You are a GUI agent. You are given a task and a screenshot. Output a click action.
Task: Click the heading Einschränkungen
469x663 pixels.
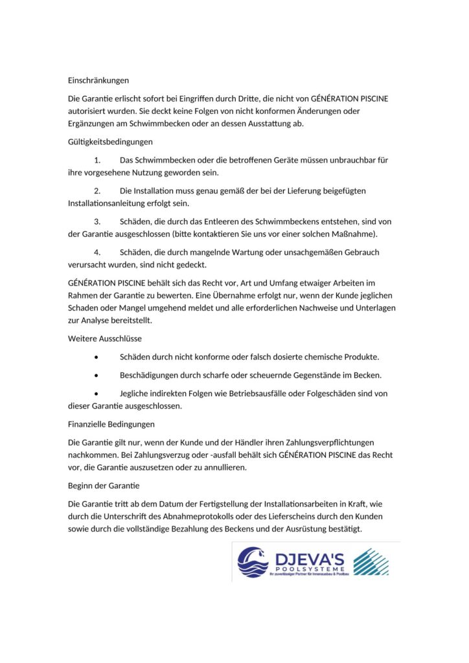pyautogui.click(x=98, y=81)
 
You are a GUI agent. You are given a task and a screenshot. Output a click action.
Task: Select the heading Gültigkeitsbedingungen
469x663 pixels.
pyautogui.click(x=110, y=142)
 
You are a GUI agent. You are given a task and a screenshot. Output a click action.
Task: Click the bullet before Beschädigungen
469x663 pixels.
pyautogui.click(x=97, y=376)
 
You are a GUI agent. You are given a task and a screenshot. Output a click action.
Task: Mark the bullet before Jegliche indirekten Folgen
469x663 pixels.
pyautogui.click(x=97, y=394)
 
